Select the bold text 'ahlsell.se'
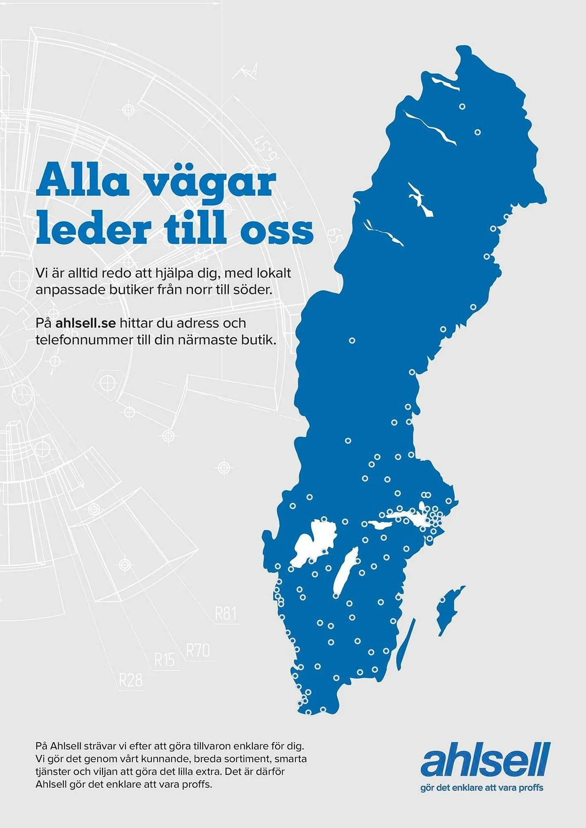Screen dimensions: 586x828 [x=86, y=323]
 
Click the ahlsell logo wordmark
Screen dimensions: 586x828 [x=485, y=760]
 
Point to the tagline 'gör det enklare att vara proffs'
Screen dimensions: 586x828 [x=482, y=787]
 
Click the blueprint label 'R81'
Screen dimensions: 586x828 [x=226, y=613]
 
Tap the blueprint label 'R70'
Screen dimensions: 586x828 [x=198, y=650]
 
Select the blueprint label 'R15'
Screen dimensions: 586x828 [x=165, y=660]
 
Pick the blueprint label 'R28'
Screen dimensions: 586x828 [x=131, y=680]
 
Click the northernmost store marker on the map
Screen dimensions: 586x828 [x=463, y=106]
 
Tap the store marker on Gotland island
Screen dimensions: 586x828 [x=443, y=599]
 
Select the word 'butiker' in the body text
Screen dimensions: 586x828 [x=133, y=290]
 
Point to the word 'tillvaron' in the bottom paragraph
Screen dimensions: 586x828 [x=212, y=746]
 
